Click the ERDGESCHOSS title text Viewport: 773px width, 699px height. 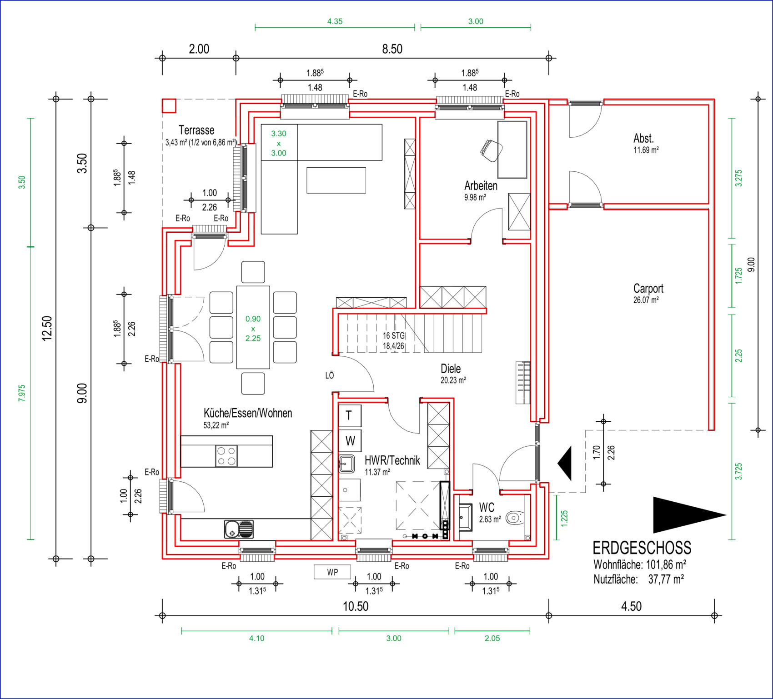642,548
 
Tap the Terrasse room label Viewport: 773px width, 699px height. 196,130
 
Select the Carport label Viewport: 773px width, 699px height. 648,289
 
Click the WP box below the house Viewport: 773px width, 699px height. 332,572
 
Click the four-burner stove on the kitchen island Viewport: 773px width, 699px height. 226,456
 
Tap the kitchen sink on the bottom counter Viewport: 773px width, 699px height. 239,529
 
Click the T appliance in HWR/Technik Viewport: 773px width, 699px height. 350,415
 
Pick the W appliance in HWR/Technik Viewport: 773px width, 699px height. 350,441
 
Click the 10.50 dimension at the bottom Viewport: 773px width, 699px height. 356,606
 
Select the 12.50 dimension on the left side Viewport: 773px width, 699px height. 47,328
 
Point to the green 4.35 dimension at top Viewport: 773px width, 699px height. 335,21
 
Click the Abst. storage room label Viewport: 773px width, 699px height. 643,138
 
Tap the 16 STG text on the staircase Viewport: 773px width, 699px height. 393,336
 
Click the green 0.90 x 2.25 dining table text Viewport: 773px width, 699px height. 253,329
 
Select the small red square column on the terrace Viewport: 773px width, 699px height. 169,105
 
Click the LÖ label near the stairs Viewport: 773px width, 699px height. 330,375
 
